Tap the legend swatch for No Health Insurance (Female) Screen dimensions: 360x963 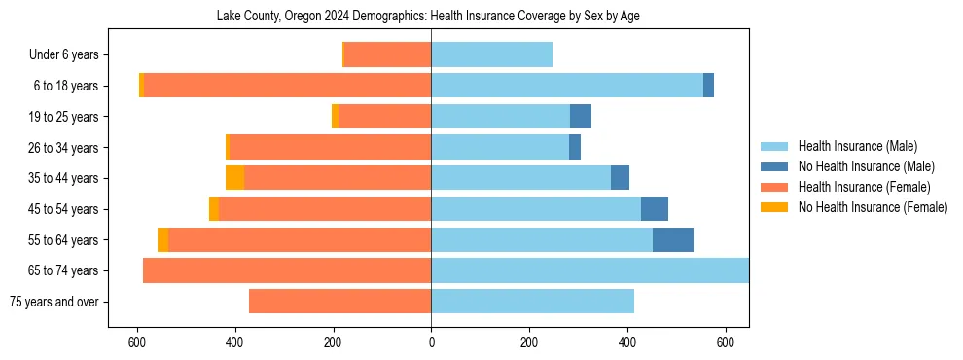click(775, 207)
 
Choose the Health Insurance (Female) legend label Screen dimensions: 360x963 click(864, 187)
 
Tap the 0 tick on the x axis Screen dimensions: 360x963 click(431, 342)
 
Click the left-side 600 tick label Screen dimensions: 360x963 click(137, 342)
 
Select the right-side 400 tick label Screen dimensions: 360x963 click(627, 342)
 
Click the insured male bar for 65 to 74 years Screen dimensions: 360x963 click(589, 270)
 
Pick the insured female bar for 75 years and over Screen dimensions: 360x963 click(339, 302)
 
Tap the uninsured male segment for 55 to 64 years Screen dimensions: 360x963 click(672, 239)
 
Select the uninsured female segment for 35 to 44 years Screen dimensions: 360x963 click(234, 178)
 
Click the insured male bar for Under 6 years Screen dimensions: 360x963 click(491, 55)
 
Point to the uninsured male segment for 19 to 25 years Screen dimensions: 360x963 click(581, 117)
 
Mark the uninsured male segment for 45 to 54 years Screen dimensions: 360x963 click(654, 209)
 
